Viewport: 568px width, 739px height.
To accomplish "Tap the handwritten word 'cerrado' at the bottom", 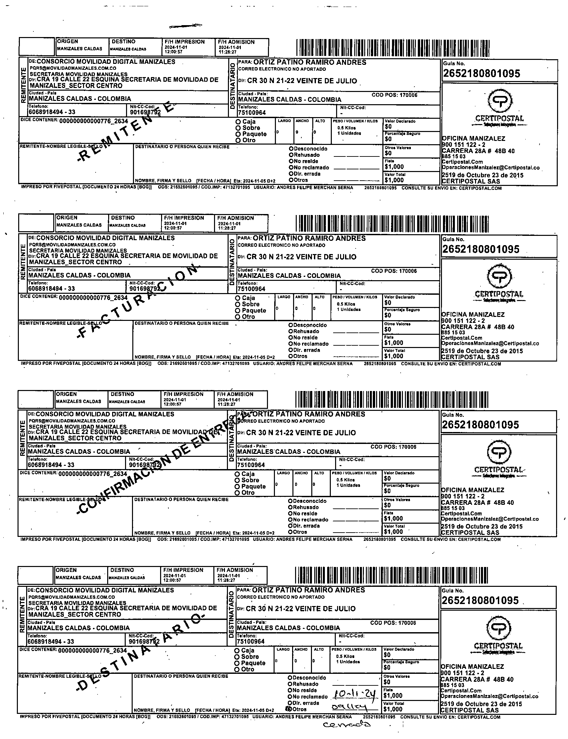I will point(347,724).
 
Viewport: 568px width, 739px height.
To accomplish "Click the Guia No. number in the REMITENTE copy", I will point(481,73).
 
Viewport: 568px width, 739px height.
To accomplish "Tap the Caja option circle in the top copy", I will point(239,122).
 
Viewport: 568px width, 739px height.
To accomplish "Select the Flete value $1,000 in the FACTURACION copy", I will point(394,342).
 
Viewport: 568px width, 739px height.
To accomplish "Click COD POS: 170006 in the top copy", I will point(394,95).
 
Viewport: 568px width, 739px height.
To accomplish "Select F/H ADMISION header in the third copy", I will point(235,394).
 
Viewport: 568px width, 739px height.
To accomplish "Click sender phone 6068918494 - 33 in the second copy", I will point(51,288).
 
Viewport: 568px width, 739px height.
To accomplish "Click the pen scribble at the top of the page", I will point(185,26).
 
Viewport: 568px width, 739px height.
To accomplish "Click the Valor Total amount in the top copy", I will point(394,180).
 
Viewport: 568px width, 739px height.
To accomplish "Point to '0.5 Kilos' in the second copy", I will point(346,304).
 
